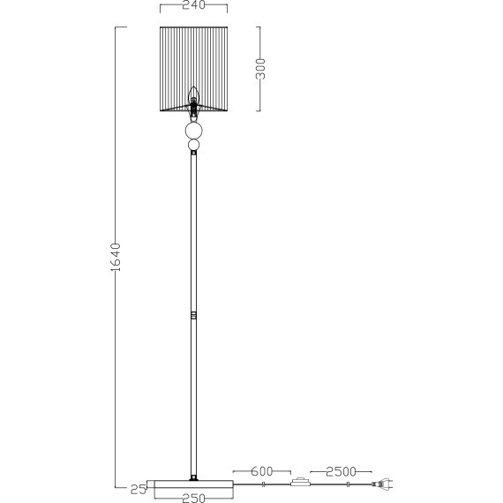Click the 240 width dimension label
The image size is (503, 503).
[193, 4]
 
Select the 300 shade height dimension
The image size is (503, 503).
[260, 69]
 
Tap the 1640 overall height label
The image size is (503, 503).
[116, 258]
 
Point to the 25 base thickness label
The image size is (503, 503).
[139, 490]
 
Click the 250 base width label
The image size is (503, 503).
[194, 499]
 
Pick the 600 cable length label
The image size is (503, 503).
[262, 471]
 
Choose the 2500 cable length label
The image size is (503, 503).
[341, 471]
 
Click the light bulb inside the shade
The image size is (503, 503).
[193, 94]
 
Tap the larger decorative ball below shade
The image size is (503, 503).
[194, 131]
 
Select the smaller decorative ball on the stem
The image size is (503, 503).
[194, 145]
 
